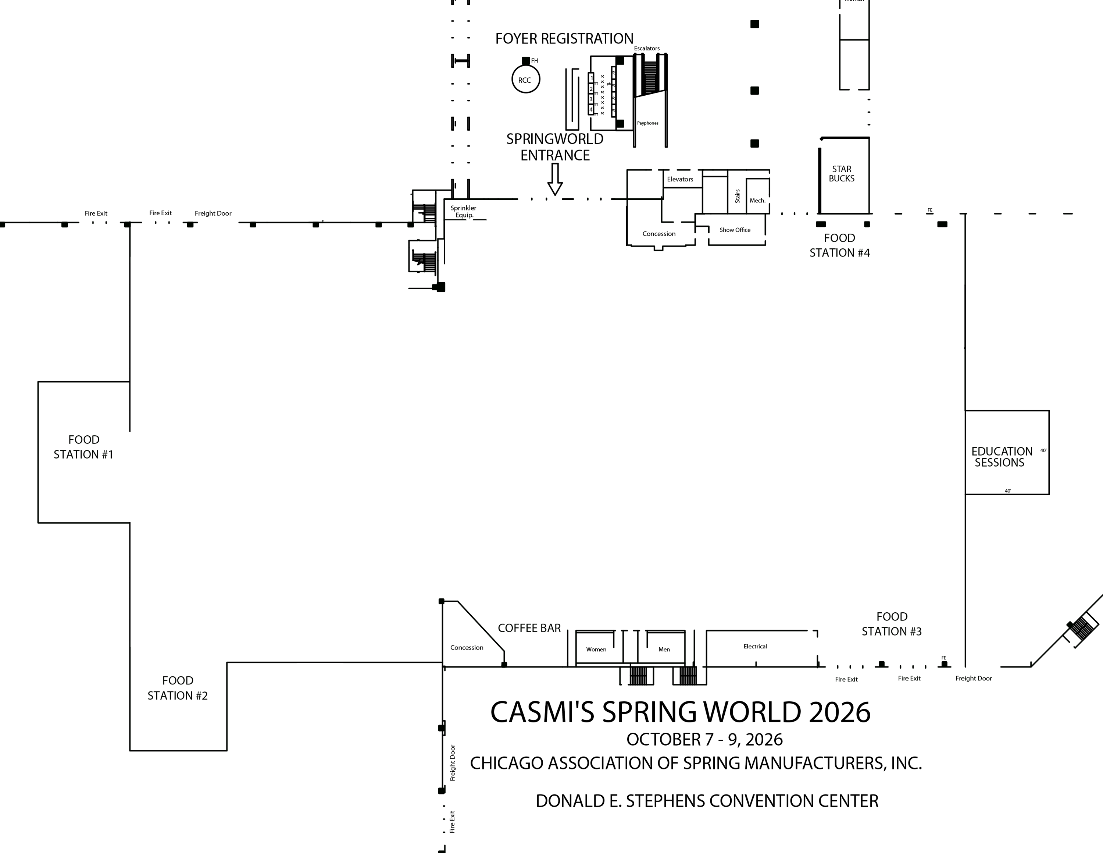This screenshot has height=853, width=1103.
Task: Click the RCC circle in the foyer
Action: pyautogui.click(x=525, y=80)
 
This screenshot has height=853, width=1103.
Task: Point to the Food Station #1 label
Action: pyautogui.click(x=83, y=447)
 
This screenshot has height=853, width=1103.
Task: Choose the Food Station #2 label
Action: pyautogui.click(x=178, y=688)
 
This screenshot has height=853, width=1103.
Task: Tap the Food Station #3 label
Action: pyautogui.click(x=891, y=624)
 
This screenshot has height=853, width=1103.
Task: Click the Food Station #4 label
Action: pyautogui.click(x=839, y=245)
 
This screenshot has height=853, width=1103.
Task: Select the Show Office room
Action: pyautogui.click(x=735, y=230)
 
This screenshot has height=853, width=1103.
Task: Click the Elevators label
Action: pyautogui.click(x=680, y=179)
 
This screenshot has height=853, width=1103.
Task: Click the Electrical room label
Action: pyautogui.click(x=755, y=646)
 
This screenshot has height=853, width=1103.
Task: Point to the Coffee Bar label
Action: pyautogui.click(x=529, y=628)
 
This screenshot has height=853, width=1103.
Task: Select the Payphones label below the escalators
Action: pyautogui.click(x=647, y=123)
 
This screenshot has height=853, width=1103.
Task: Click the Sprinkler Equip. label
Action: pyautogui.click(x=463, y=211)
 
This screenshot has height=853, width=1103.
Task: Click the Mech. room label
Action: pyautogui.click(x=757, y=201)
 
